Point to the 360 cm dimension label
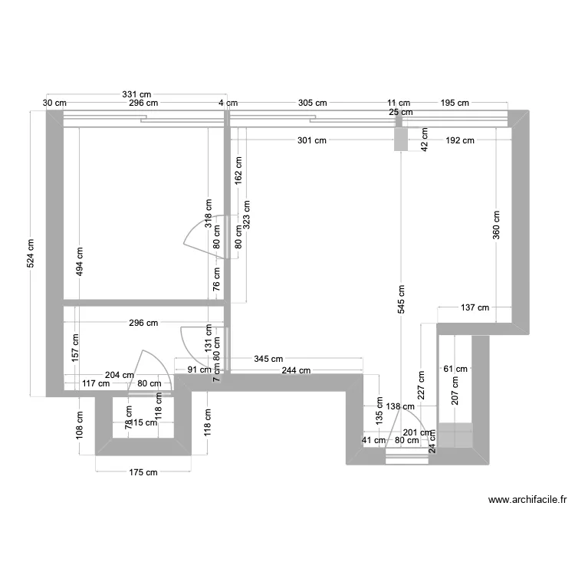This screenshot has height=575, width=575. (496, 224)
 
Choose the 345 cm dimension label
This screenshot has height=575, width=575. (268, 359)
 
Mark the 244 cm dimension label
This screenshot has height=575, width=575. (295, 370)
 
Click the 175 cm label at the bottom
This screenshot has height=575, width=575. (142, 472)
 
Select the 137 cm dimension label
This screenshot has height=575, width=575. (474, 308)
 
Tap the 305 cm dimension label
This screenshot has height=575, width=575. (312, 103)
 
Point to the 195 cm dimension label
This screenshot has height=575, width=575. (454, 103)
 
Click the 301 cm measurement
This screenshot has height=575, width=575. (312, 140)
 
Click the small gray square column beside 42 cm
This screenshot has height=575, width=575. (400, 140)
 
